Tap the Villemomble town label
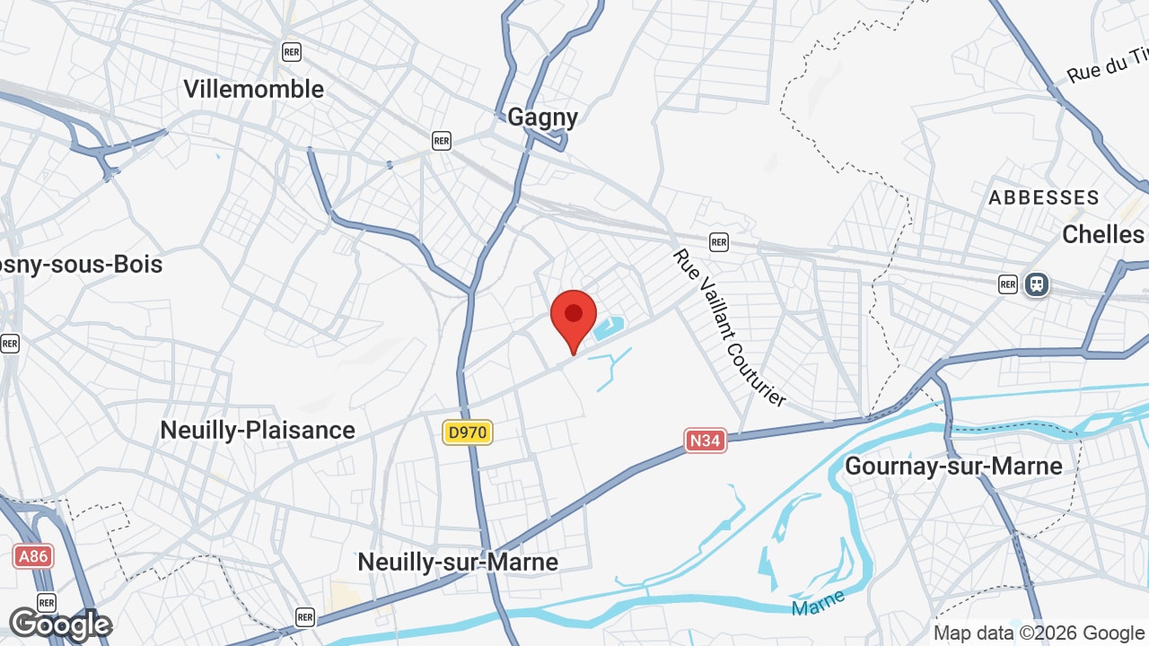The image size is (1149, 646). [x=253, y=89]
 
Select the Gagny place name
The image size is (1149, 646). [x=542, y=117]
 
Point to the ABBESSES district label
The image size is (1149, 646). [x=1043, y=197]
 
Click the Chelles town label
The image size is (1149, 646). [x=1102, y=234]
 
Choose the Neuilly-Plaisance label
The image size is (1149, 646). [x=258, y=430]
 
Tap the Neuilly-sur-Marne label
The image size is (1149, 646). [x=458, y=562]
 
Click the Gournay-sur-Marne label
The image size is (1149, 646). [x=953, y=466]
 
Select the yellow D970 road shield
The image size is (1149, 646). [x=467, y=432]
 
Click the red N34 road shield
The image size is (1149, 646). [x=706, y=440]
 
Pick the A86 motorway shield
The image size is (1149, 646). [x=33, y=556]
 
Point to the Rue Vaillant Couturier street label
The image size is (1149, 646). [x=729, y=327]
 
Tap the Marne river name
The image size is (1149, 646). [x=819, y=603]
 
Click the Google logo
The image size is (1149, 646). [x=59, y=624]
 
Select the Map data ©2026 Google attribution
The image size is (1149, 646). [x=1039, y=633]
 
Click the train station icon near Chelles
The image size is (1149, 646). [x=1037, y=284]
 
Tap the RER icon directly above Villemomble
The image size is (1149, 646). [x=291, y=51]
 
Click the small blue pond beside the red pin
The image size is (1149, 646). [x=608, y=327]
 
